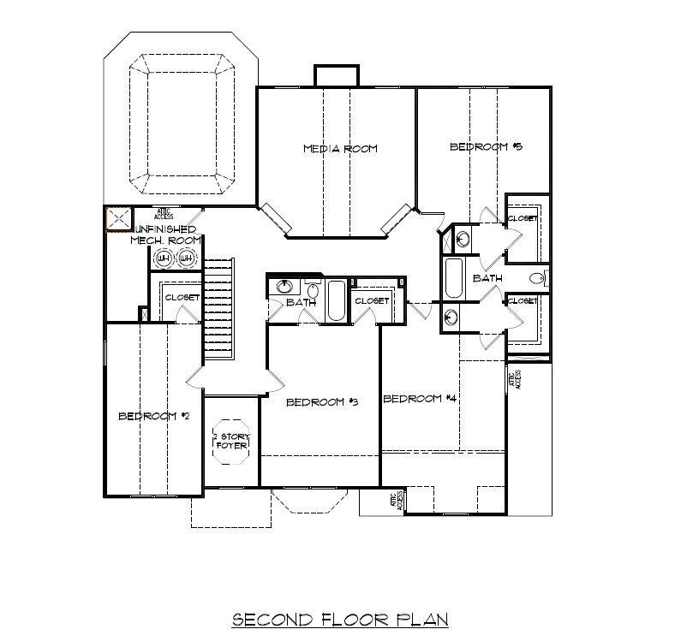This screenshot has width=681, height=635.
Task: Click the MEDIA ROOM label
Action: (x=340, y=149)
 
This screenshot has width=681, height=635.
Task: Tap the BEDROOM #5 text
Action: (x=487, y=147)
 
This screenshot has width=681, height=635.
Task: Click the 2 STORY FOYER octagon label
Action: (x=230, y=441)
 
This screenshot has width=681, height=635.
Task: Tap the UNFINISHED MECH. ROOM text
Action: (x=164, y=235)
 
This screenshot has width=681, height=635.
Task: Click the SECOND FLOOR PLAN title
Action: (x=340, y=619)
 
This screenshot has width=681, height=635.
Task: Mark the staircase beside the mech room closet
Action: (x=218, y=310)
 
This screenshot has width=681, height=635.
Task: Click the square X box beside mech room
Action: (x=117, y=219)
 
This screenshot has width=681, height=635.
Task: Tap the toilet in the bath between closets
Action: (x=538, y=277)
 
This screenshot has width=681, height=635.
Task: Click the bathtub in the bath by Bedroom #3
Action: (x=336, y=301)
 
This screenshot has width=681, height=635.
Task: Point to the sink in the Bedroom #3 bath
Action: (x=284, y=286)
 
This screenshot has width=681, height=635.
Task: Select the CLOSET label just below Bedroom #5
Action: (x=523, y=219)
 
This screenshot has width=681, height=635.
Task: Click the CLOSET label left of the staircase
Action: (x=182, y=298)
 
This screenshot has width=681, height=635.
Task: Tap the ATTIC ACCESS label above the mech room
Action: (x=164, y=213)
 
